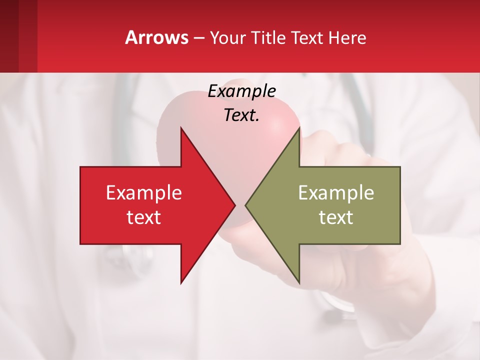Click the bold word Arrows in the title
157,37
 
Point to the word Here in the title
347,38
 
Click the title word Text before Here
307,38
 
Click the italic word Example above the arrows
242,91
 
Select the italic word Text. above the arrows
242,115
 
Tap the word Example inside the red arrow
144,192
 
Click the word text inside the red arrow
144,217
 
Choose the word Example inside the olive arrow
336,192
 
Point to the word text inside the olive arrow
336,217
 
